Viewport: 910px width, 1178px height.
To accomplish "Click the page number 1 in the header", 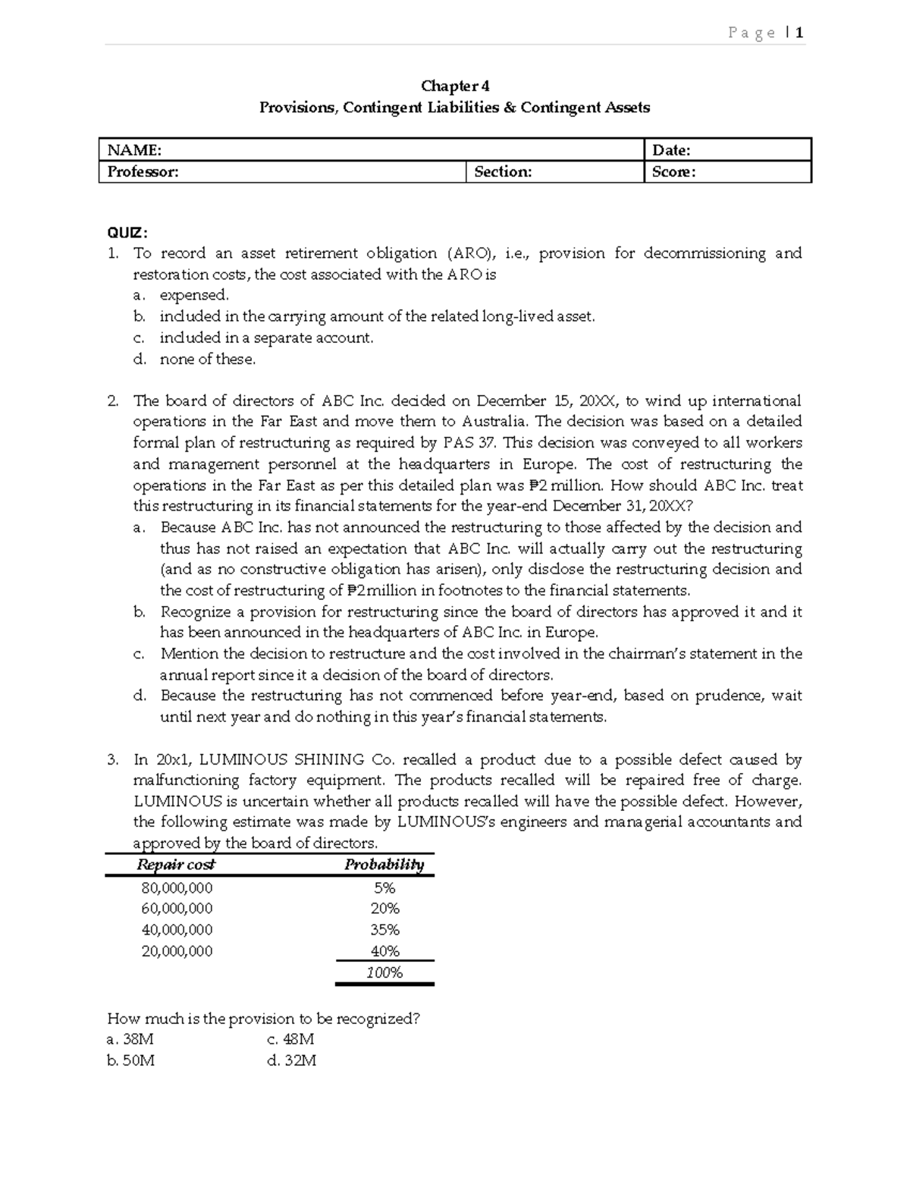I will coord(799,33).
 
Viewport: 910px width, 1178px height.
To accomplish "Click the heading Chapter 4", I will coord(455,86).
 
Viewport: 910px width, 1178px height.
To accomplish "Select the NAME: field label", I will coord(134,150).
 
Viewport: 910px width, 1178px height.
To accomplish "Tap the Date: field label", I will coord(671,150).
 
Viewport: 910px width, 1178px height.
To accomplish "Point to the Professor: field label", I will coord(143,172).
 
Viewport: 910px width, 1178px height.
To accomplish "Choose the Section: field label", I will coord(503,172).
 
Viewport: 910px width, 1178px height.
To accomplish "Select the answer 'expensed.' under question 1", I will coord(193,295).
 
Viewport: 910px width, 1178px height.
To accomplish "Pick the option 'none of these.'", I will coord(207,360).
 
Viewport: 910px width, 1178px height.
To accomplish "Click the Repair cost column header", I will coord(176,865).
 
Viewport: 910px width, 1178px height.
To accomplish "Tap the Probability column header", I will coord(384,865).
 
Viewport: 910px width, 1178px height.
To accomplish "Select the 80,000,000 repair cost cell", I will coord(177,887).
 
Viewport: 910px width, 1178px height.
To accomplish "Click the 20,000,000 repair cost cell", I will coord(177,951).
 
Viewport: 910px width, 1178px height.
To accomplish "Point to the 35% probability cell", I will coord(384,930).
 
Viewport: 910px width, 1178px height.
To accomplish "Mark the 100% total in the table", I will coord(384,972).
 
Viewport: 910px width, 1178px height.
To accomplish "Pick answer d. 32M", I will coord(291,1061).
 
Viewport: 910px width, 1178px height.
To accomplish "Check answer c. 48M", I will coord(290,1040).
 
